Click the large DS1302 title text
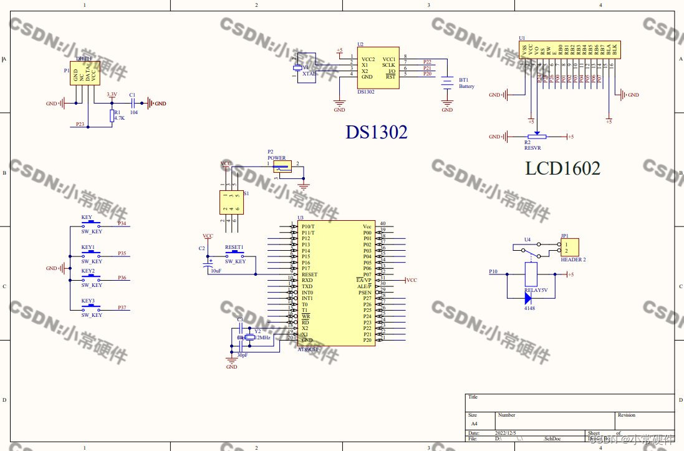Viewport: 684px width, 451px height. (376, 132)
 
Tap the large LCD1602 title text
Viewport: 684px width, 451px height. (563, 168)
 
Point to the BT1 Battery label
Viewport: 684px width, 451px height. (466, 87)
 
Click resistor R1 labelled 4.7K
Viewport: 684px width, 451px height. (112, 116)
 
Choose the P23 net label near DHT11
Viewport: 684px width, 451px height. (80, 124)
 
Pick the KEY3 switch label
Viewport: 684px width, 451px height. (88, 301)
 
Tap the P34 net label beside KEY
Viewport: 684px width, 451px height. (122, 223)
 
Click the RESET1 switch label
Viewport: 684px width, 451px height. (234, 247)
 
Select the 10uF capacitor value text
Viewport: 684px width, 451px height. (216, 271)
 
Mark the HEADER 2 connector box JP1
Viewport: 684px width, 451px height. (570, 246)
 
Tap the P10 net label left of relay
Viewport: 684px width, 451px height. (493, 273)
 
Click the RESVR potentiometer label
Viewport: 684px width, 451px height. (533, 148)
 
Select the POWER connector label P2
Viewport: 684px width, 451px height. (277, 158)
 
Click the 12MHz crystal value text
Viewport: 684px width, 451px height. (263, 337)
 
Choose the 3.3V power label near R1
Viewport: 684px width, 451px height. (112, 94)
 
